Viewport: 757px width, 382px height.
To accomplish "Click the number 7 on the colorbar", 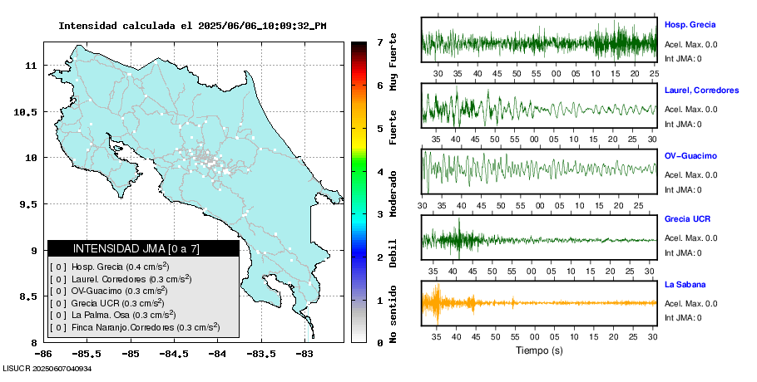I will pos(379,42).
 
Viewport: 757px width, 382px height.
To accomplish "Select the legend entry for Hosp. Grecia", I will pos(109,267).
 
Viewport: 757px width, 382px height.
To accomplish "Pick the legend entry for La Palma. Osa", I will pos(112,315).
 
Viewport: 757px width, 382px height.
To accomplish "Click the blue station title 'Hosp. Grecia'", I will pos(690,25).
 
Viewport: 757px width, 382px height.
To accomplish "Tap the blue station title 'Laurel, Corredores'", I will pos(701,91).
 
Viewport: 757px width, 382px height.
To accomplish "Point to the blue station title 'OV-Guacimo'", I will pos(690,156).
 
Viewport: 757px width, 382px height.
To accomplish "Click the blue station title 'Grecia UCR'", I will pos(688,220).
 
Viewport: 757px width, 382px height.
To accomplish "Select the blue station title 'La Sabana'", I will pos(684,285).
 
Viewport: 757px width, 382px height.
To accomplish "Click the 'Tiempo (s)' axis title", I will pos(538,350).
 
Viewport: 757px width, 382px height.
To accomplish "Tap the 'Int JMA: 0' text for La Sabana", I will pos(683,317).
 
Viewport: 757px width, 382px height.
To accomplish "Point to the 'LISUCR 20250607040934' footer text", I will pos(47,368).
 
